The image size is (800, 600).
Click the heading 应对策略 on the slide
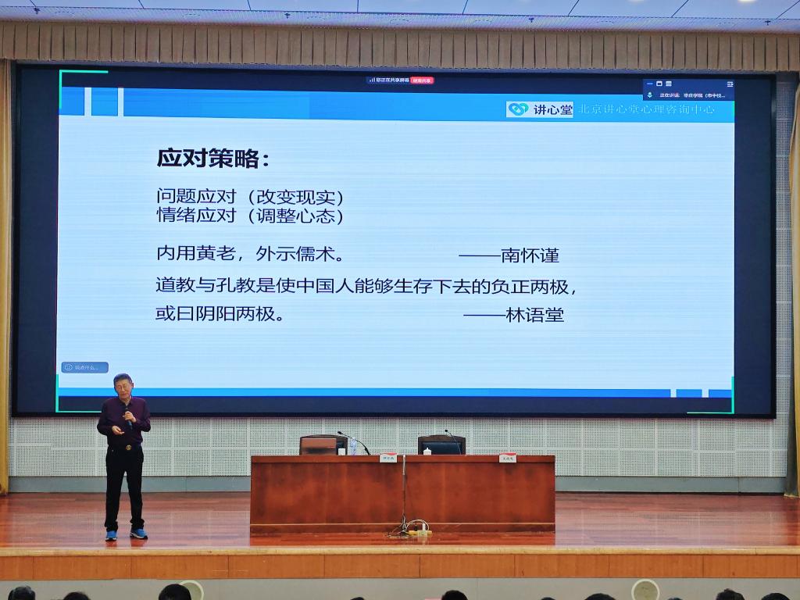click(212, 158)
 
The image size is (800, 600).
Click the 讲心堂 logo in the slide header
click(540, 110)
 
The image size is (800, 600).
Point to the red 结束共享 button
click(422, 80)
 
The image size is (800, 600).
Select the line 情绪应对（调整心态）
click(250, 216)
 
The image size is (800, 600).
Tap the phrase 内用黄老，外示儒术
click(250, 255)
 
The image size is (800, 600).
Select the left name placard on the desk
click(388, 458)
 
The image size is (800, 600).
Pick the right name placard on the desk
click(508, 458)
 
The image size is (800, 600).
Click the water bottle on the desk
click(352, 446)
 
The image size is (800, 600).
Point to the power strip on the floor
click(419, 533)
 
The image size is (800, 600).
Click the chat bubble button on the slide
click(84, 367)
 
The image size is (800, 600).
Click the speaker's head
click(123, 385)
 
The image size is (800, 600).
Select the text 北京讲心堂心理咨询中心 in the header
click(645, 110)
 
